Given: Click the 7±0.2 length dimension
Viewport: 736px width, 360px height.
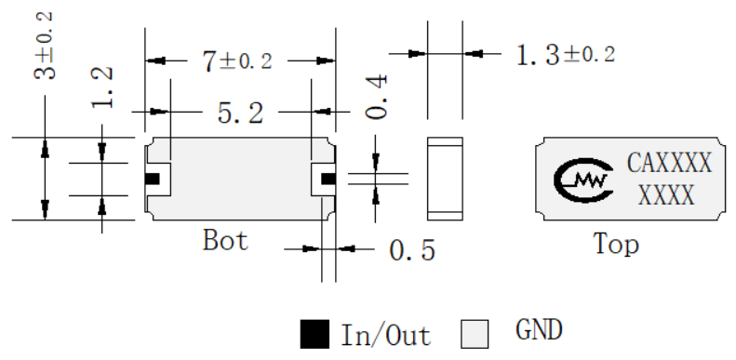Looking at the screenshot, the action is [237, 61].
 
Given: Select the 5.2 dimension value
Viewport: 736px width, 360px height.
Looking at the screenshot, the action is [240, 113].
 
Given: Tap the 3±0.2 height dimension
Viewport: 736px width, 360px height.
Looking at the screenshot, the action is [44, 46].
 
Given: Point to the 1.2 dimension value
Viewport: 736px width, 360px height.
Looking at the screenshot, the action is [101, 87].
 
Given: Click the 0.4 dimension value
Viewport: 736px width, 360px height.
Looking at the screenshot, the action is [377, 96].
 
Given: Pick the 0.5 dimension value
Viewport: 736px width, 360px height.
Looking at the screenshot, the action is [412, 250].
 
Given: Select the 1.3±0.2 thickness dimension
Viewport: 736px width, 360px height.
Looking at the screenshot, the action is [565, 56].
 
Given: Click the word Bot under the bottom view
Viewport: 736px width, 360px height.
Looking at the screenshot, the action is [225, 240].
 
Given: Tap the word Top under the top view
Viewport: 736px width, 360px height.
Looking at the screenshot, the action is [616, 244].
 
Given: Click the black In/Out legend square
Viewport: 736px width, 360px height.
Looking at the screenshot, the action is [314, 334].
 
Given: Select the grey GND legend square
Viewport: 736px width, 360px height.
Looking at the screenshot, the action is [475, 334].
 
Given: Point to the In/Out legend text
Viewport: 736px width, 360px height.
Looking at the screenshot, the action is [385, 335].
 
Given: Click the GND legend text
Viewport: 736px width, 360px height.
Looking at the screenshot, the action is [539, 329].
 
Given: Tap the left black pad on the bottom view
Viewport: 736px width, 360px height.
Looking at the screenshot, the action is [153, 179].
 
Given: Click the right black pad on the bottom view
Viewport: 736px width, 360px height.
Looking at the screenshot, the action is [328, 179].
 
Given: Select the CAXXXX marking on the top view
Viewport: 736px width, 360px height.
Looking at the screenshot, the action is [669, 163].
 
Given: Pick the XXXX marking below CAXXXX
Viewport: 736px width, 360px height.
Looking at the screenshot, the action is [666, 195].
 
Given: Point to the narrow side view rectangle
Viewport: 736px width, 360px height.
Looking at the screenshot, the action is [445, 179].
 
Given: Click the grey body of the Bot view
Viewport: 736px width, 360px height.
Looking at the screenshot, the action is [240, 179].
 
